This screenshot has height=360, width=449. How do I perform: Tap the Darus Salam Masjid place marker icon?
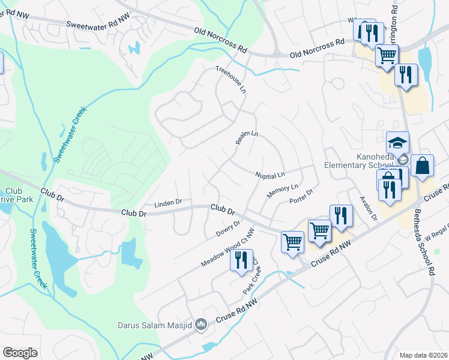[201, 325]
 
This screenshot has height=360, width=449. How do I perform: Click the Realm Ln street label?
[247, 139]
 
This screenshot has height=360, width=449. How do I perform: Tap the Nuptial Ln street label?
[270, 175]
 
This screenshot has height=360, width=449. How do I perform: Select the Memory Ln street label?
[279, 192]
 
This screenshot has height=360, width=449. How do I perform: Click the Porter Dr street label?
[301, 196]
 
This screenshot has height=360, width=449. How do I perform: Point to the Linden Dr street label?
[167, 203]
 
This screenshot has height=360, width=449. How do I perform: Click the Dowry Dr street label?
[228, 228]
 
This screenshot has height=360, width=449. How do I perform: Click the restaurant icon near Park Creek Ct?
[241, 260]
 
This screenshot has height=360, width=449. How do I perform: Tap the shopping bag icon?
[423, 166]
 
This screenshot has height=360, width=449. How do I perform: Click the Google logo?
[20, 353]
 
